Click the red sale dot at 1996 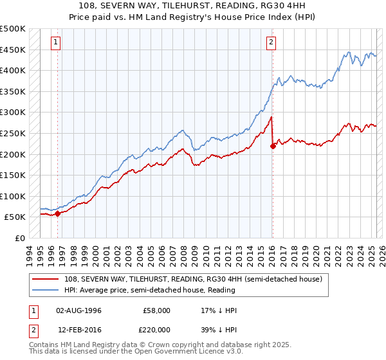[x=57, y=213]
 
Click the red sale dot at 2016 [x=273, y=146]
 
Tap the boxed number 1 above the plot [x=57, y=43]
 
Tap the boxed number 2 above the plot [x=271, y=43]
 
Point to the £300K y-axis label [x=13, y=113]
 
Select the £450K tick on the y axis [x=13, y=50]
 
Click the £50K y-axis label [x=15, y=217]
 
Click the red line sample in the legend [x=46, y=278]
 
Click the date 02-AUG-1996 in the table [x=79, y=310]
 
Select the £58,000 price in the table [x=156, y=310]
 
